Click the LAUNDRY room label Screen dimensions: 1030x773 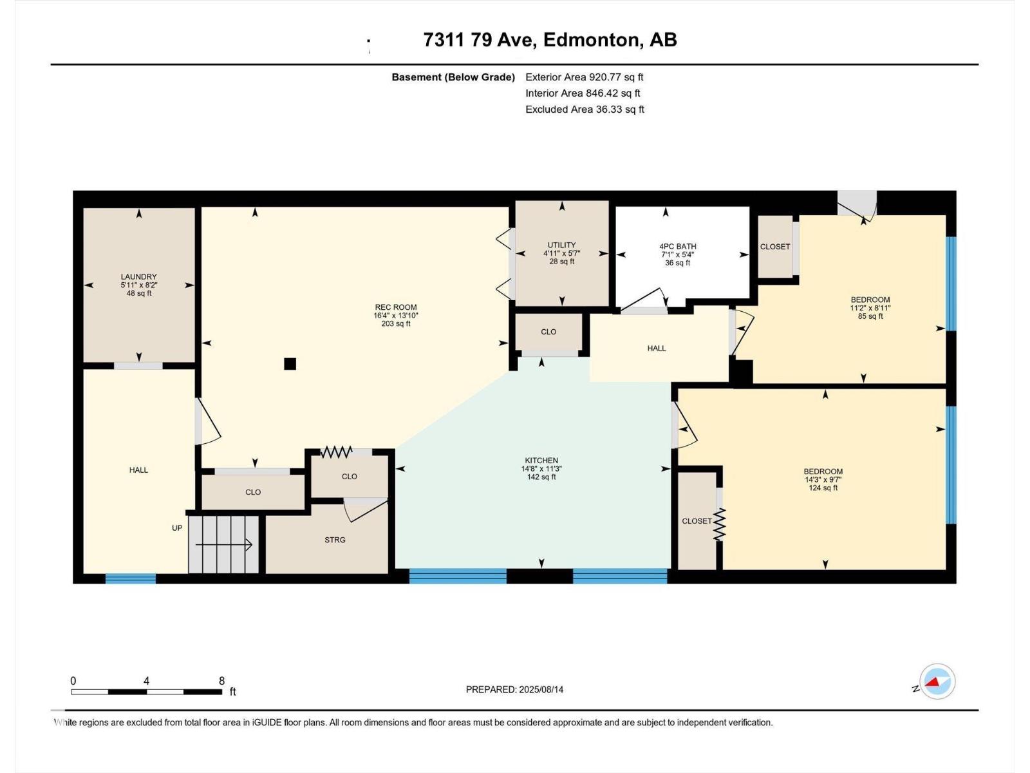point(138,277)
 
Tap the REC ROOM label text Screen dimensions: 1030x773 point(395,307)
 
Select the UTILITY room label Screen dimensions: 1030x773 point(562,245)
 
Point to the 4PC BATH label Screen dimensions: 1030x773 point(678,247)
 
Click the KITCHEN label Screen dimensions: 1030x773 point(541,461)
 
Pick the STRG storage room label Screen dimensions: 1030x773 point(335,540)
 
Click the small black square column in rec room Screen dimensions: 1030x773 point(290,364)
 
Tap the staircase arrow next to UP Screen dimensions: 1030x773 point(224,545)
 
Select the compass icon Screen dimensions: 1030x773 point(937,682)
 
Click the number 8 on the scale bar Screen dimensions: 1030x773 point(222,680)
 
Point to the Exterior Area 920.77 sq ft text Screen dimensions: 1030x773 point(585,77)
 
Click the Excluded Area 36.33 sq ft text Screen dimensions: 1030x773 point(585,110)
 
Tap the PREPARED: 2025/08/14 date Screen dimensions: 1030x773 point(515,689)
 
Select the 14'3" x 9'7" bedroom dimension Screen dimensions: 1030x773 point(823,480)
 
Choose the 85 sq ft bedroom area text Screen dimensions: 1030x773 point(870,316)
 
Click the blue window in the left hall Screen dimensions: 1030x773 point(131,578)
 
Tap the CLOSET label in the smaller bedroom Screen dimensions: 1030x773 point(774,247)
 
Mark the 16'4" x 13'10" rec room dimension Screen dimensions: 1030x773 point(395,316)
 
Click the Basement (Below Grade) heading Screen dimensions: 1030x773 point(453,77)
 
